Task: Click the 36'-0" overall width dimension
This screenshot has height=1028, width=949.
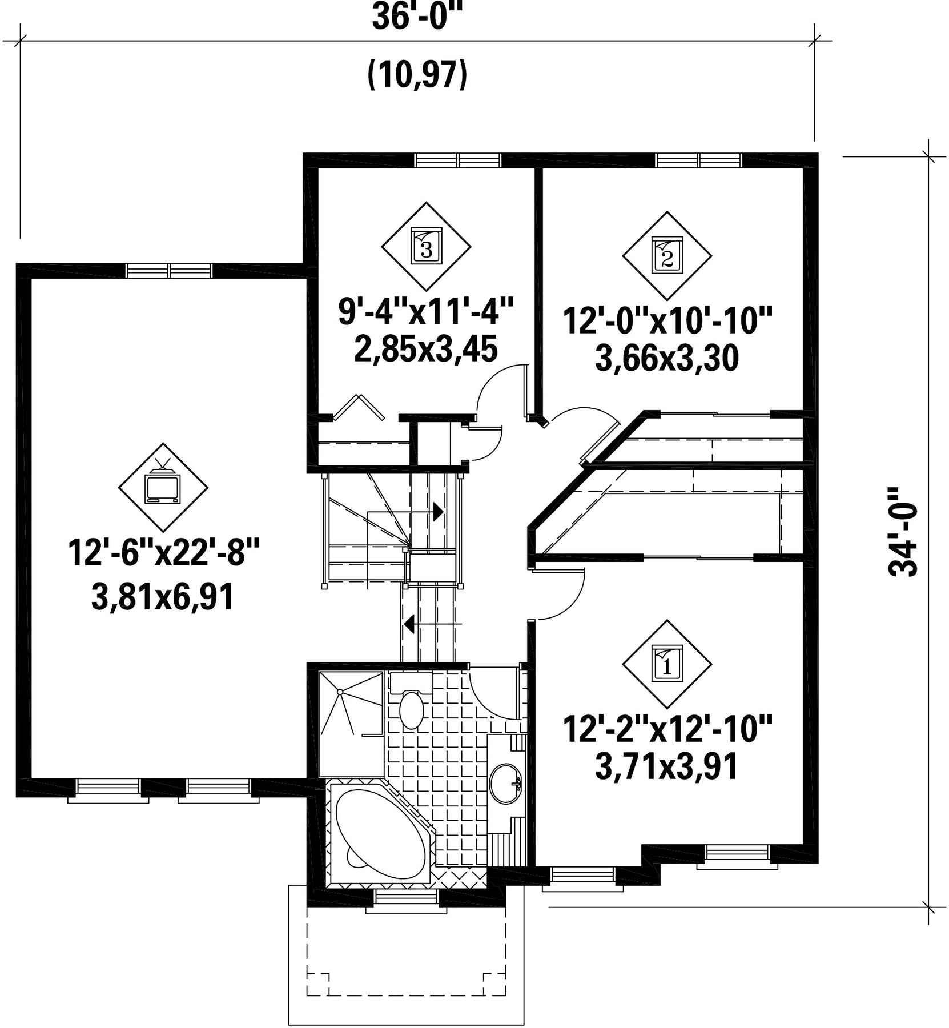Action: [x=416, y=18]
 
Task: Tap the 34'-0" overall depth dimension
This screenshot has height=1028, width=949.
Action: [x=903, y=532]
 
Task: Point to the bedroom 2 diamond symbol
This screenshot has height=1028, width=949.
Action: [x=667, y=256]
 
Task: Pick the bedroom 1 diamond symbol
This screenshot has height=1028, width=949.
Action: [x=667, y=665]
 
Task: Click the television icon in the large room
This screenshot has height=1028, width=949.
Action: [x=163, y=484]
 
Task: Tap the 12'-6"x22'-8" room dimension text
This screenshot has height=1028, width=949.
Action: [x=164, y=552]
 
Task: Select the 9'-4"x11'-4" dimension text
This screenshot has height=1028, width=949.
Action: [x=427, y=312]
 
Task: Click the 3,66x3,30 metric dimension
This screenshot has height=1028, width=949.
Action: [x=667, y=359]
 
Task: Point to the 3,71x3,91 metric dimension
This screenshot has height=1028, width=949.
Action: [x=667, y=767]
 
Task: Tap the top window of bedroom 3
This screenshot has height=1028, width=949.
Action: [x=458, y=160]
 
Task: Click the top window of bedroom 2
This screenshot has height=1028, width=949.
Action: [x=699, y=160]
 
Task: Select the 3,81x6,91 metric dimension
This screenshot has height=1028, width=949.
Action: [x=163, y=599]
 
